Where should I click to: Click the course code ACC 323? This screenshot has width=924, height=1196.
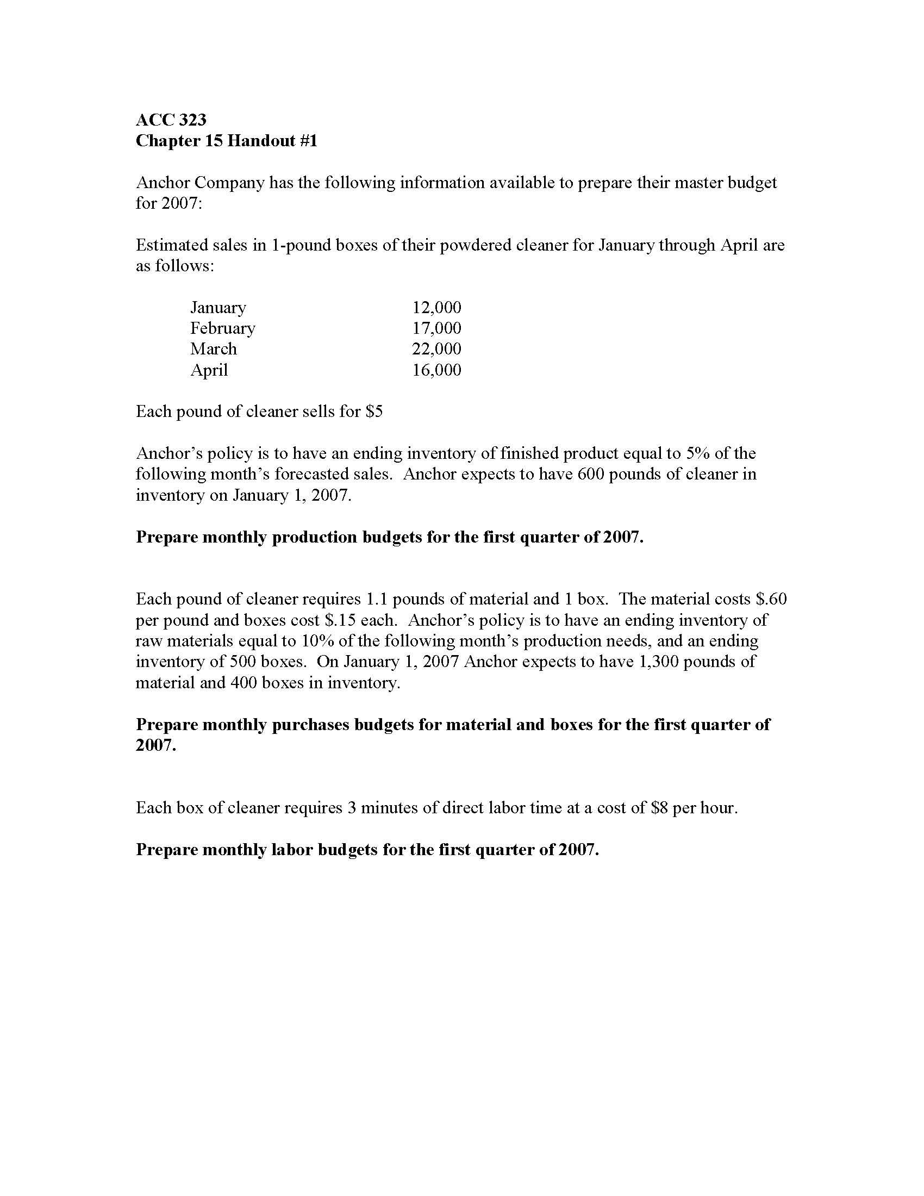[x=171, y=120]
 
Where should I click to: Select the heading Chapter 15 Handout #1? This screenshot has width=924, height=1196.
[x=226, y=141]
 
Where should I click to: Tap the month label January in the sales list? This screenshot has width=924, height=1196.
[x=218, y=307]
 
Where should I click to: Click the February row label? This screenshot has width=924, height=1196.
[x=222, y=328]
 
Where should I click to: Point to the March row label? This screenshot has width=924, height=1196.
[x=214, y=349]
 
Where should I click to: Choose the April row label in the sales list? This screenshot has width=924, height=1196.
[x=209, y=370]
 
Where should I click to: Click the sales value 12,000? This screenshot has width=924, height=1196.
[x=436, y=307]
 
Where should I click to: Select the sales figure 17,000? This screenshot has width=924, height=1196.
[x=436, y=328]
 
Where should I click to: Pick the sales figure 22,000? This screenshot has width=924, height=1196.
[x=436, y=349]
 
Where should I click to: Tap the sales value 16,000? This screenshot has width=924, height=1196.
[x=436, y=370]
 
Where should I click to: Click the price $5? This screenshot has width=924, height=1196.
[x=374, y=412]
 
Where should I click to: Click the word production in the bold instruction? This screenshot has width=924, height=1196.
[x=314, y=537]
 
